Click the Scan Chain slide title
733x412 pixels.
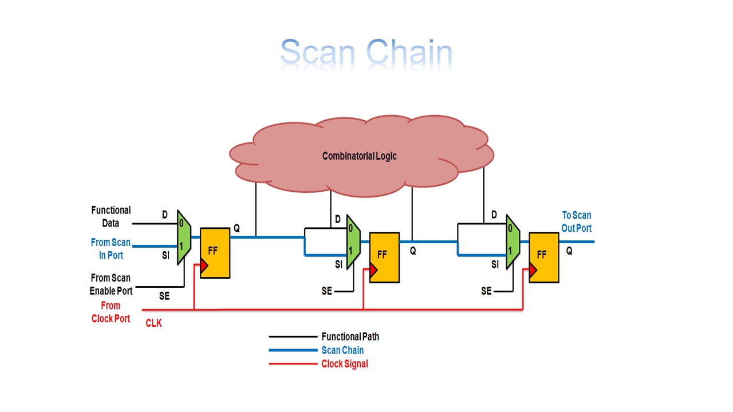[x=366, y=53]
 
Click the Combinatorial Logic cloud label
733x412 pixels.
[x=359, y=156]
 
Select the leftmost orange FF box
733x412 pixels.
[x=215, y=253]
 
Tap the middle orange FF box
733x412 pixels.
[x=384, y=257]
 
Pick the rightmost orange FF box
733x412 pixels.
[x=543, y=257]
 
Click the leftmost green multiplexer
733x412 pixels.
[x=183, y=236]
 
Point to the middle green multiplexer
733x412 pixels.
[x=353, y=241]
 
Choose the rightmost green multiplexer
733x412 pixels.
[x=513, y=241]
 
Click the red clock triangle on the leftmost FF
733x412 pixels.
[x=202, y=266]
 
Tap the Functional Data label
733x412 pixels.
[x=111, y=217]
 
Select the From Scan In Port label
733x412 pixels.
[x=111, y=249]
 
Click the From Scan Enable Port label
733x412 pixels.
[x=111, y=284]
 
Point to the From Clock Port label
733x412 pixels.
[x=111, y=312]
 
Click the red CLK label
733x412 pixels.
[x=153, y=323]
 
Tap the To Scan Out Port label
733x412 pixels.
[x=576, y=221]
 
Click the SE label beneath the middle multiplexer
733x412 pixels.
[x=326, y=291]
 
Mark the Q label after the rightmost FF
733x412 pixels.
[x=569, y=251]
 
